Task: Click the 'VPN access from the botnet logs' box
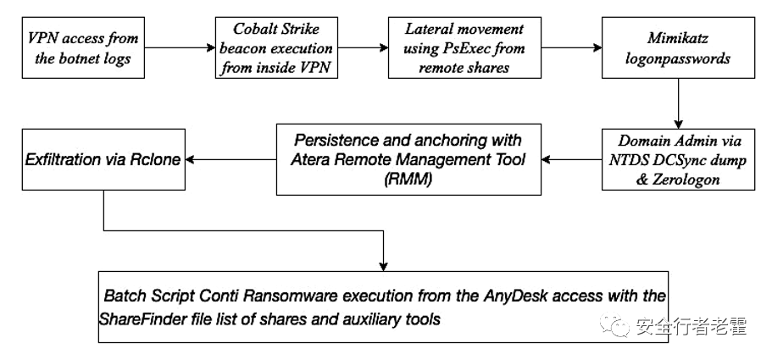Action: point(83,47)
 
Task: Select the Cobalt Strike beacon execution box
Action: point(277,47)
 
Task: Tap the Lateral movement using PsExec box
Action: point(464,47)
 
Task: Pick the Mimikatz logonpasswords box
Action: point(678,47)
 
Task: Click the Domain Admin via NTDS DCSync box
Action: point(678,159)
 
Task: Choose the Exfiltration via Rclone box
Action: point(103,159)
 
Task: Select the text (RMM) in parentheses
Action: point(408,180)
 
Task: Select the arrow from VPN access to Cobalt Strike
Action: point(180,47)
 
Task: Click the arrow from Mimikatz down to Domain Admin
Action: point(678,103)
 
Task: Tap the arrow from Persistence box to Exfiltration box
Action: point(230,159)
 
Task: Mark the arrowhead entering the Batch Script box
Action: point(384,267)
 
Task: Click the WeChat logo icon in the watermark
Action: point(614,325)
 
